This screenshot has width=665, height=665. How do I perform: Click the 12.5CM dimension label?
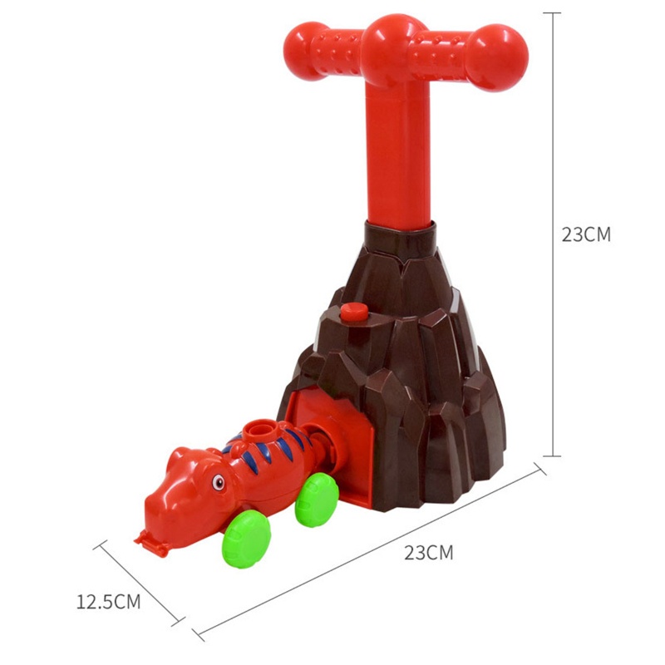point(108,602)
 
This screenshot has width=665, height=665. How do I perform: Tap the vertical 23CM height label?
point(586,234)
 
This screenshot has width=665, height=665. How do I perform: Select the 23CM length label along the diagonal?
point(428,553)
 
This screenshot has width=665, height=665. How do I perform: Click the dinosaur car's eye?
point(219,482)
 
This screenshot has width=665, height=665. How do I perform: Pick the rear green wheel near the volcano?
point(317,500)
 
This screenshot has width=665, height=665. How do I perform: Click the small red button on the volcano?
point(354,313)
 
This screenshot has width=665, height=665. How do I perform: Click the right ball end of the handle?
point(497,57)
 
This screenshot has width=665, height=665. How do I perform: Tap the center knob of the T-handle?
point(392,49)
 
